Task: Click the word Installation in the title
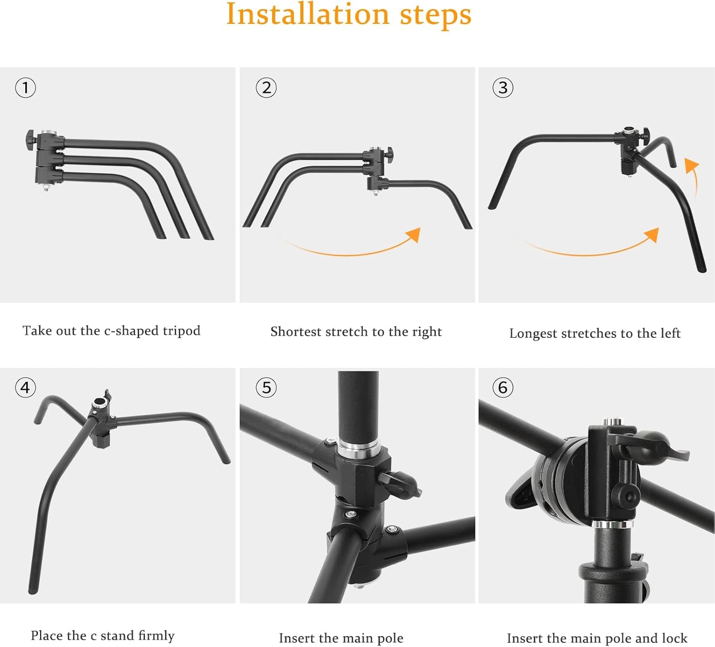pos(307,14)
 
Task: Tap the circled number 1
pos(25,88)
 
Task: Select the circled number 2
pos(266,88)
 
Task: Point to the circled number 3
pos(503,88)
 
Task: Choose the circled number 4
pos(25,388)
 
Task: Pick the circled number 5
pos(266,388)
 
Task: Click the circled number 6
pos(503,388)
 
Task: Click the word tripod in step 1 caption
pos(181,331)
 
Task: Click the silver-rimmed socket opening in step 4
pos(100,403)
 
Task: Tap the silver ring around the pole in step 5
pos(358,448)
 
